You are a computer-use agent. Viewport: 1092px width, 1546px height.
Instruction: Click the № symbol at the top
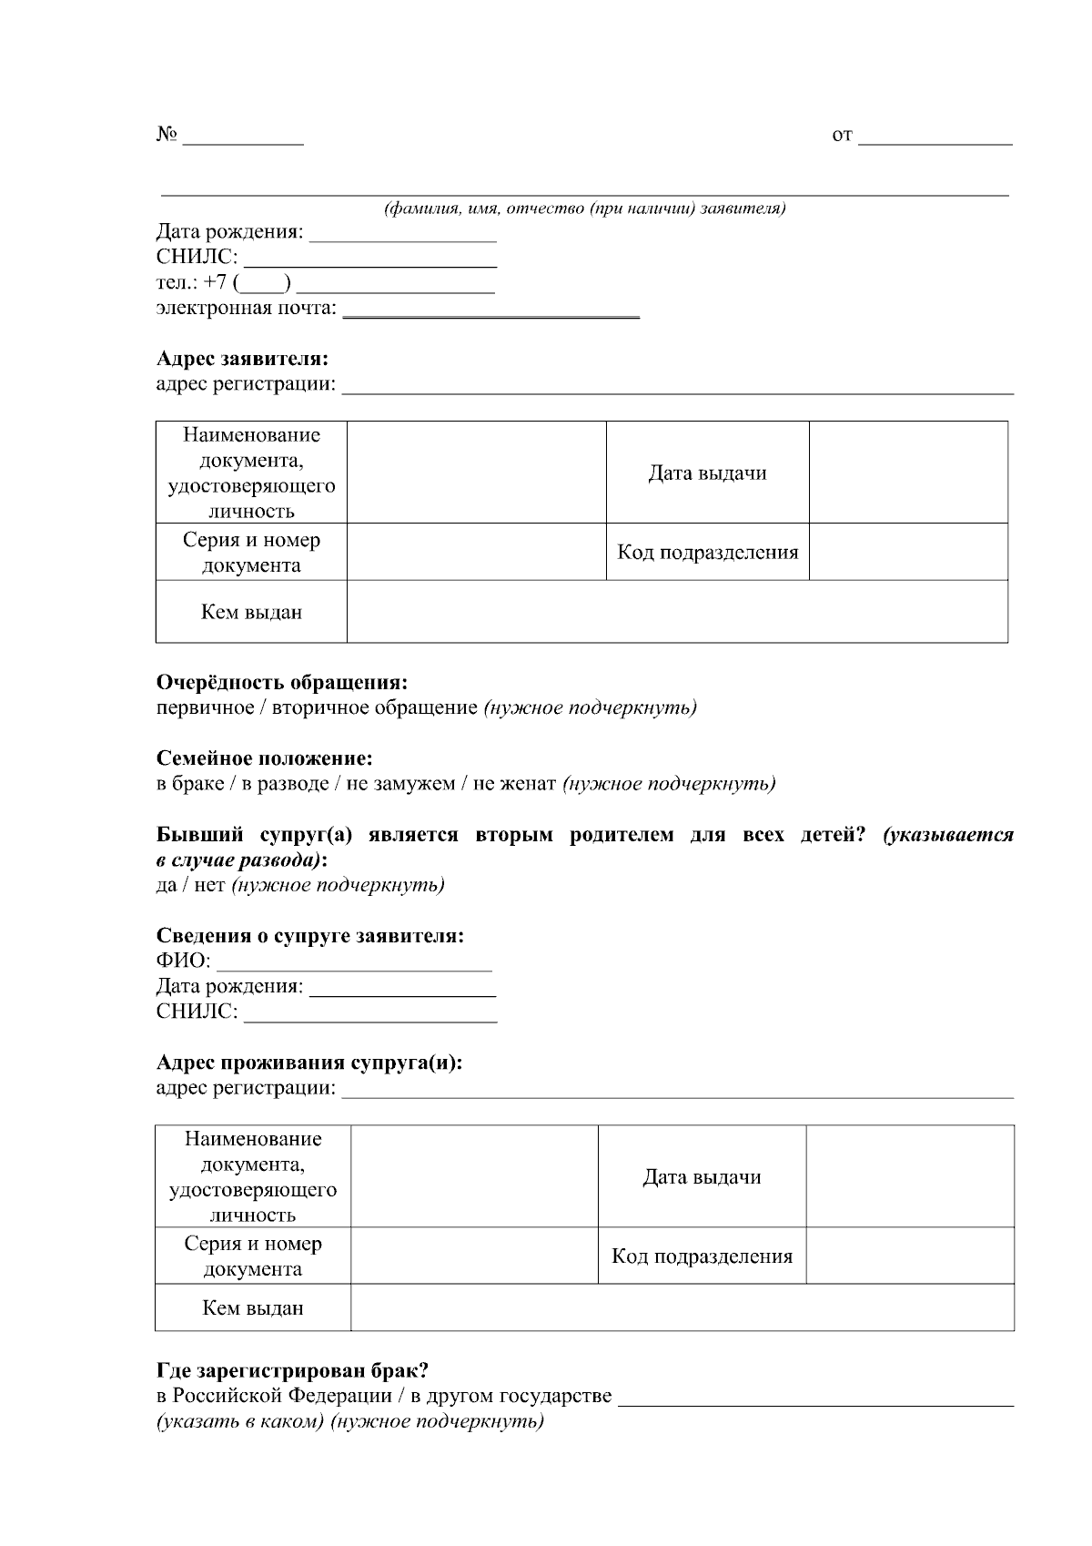click(x=166, y=135)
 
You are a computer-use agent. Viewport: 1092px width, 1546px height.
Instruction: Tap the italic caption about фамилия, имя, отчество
click(x=584, y=209)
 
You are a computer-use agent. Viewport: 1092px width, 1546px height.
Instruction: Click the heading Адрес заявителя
click(x=242, y=358)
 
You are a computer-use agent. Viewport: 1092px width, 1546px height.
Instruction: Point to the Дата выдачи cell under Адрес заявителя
click(x=707, y=473)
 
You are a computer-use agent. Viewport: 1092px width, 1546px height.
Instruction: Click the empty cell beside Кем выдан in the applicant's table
click(x=677, y=612)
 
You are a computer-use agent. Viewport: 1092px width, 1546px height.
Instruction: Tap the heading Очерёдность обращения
click(x=281, y=682)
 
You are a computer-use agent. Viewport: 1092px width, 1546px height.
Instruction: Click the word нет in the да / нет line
click(x=209, y=885)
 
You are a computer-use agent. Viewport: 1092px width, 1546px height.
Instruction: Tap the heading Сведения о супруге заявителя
click(x=309, y=935)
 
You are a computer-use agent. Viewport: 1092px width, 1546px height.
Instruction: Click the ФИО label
click(x=183, y=961)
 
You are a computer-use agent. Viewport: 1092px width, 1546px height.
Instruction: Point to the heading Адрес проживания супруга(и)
click(x=308, y=1063)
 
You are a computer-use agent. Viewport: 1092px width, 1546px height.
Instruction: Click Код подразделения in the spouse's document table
click(x=702, y=1256)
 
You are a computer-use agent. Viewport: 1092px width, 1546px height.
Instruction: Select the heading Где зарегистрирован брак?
click(x=292, y=1370)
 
